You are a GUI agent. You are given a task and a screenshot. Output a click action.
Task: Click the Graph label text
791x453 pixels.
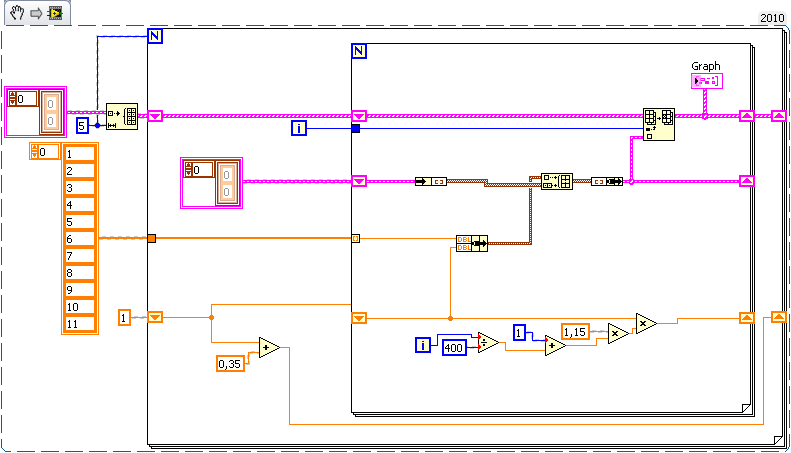706,66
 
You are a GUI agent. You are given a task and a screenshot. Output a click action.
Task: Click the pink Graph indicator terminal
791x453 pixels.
706,80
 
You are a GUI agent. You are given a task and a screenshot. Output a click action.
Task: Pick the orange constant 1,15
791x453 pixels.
574,332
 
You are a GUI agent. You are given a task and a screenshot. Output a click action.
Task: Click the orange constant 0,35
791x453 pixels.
231,364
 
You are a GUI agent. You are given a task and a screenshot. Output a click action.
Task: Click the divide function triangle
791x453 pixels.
487,343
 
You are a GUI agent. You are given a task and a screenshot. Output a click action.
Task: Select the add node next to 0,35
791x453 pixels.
268,348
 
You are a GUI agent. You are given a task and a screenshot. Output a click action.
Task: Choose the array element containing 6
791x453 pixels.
79,238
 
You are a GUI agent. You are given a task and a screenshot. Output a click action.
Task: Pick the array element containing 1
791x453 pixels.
79,153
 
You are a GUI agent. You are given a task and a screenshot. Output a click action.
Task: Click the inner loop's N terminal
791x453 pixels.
359,50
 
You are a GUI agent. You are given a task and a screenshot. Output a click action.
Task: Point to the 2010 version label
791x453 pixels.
772,18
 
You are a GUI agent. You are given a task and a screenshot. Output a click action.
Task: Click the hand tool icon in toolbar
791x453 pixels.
15,12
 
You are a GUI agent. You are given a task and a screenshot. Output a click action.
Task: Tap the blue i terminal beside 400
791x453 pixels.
423,345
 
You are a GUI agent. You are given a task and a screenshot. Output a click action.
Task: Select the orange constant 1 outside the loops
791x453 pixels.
125,317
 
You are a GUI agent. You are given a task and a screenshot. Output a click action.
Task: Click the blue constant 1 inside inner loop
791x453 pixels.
519,331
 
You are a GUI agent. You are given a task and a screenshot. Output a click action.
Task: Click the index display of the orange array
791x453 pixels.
45,151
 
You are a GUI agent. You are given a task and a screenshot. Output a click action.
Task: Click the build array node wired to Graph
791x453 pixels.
658,124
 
